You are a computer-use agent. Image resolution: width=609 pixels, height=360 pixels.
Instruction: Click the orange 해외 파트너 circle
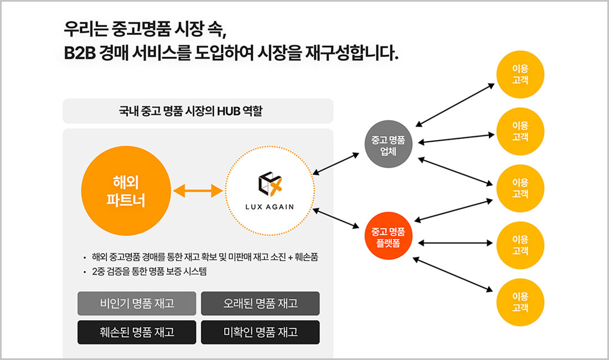click(126, 191)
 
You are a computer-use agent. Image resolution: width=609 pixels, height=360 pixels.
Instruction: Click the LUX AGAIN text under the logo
click(270, 207)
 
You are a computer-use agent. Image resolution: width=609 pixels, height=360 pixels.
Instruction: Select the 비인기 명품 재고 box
click(137, 303)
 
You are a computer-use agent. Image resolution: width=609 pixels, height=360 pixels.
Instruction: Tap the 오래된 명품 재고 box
click(260, 303)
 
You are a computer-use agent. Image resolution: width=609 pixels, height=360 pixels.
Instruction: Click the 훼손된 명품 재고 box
click(137, 332)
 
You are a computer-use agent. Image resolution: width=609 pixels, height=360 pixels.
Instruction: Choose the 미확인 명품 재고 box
click(260, 332)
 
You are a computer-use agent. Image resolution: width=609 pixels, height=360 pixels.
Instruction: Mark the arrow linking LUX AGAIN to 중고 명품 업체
click(336, 164)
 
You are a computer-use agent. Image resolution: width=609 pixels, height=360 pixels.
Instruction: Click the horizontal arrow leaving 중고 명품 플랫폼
click(456, 243)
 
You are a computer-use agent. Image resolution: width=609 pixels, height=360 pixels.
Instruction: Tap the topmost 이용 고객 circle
click(520, 74)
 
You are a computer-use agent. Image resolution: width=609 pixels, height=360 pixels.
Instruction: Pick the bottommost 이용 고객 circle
click(520, 301)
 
